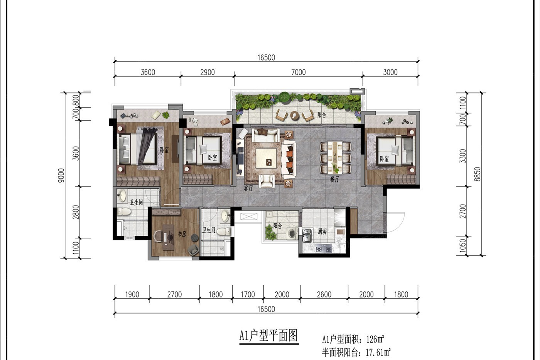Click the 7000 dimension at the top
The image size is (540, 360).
click(x=299, y=72)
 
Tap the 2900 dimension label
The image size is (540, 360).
click(x=208, y=72)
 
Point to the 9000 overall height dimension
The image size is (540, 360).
click(x=61, y=175)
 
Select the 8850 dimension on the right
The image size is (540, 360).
click(x=477, y=174)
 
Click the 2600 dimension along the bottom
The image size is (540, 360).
click(x=324, y=294)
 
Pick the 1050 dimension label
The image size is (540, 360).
click(x=462, y=246)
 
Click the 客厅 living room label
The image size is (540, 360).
click(x=248, y=188)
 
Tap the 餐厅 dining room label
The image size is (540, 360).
click(x=335, y=179)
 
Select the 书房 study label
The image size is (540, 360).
click(x=182, y=234)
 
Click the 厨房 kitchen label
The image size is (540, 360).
click(x=322, y=232)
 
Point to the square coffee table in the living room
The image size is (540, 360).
click(x=266, y=158)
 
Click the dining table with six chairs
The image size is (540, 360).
click(x=335, y=157)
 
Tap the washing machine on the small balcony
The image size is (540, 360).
click(x=292, y=233)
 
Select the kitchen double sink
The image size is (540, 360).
click(x=307, y=236)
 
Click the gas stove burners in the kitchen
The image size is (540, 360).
click(x=324, y=249)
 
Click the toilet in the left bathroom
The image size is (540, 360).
click(x=124, y=212)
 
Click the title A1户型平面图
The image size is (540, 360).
click(x=268, y=335)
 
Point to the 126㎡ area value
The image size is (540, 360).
click(x=375, y=339)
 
